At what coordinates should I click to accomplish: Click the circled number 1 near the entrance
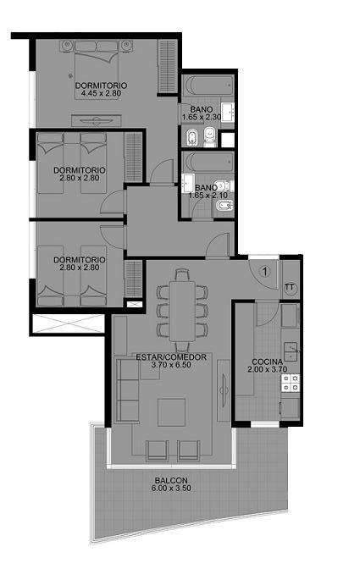(265, 271)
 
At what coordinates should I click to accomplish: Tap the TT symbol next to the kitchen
(290, 287)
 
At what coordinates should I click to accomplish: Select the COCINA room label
(268, 362)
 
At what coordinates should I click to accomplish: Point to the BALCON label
(171, 480)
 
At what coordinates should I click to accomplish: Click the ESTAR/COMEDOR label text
(171, 357)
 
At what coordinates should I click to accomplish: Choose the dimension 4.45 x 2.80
(102, 93)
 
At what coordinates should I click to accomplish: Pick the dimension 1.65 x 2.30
(202, 117)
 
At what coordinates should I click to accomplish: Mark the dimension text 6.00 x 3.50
(171, 488)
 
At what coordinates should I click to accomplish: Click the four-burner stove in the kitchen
(291, 383)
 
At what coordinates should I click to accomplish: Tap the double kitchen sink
(291, 351)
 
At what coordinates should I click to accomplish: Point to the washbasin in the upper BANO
(228, 113)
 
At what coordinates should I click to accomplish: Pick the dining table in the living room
(182, 311)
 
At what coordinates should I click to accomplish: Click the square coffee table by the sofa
(171, 412)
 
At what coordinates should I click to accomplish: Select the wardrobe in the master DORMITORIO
(168, 66)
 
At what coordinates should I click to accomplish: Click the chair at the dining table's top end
(182, 274)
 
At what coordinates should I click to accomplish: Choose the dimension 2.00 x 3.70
(268, 369)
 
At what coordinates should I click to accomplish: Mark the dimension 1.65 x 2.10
(208, 196)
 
